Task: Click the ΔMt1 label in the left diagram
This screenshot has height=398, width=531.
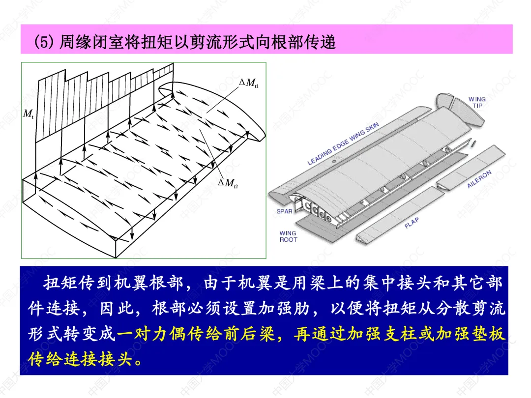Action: click(x=249, y=83)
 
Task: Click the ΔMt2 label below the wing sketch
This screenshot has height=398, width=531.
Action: click(x=228, y=183)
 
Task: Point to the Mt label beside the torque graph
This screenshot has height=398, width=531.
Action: click(x=29, y=114)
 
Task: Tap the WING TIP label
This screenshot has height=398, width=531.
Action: click(x=476, y=102)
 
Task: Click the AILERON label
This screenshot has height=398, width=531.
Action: click(x=479, y=179)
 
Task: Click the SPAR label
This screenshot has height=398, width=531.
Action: click(x=284, y=212)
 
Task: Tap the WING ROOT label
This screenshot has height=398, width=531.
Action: click(x=288, y=236)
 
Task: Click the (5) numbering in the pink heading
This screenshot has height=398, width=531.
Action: click(x=44, y=42)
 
